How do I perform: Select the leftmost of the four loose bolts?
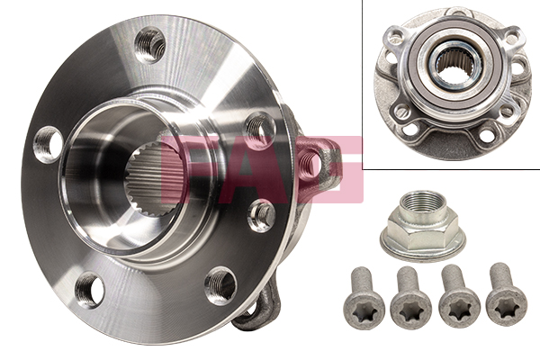tap(364, 299)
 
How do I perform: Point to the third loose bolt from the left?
tap(458, 297)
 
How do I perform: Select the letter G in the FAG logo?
tap(330, 169)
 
